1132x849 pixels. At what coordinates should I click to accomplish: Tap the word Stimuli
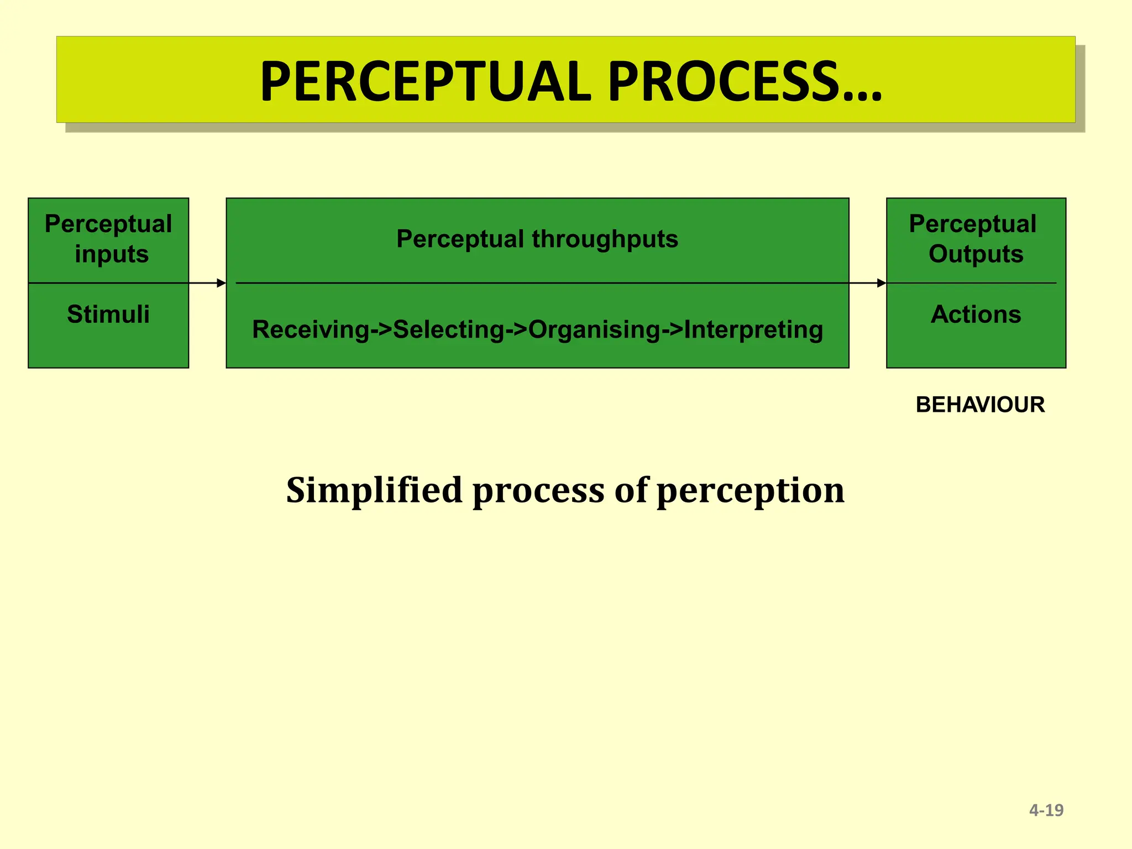(108, 314)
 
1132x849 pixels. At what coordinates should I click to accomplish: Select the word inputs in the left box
(112, 254)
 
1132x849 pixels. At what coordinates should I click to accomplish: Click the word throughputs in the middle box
(605, 239)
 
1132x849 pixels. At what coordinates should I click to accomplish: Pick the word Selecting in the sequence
(449, 329)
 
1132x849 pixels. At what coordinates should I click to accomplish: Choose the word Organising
(594, 330)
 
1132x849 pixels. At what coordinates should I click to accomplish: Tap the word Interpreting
(753, 329)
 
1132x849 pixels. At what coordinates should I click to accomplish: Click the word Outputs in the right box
(976, 254)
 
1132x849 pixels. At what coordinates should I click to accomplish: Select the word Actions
(976, 314)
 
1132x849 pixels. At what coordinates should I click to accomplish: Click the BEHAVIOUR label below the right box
(980, 405)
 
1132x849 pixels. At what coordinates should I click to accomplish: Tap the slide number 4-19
(1046, 810)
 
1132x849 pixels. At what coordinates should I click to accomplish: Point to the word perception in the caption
(750, 491)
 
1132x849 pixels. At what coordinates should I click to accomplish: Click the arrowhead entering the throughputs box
(222, 283)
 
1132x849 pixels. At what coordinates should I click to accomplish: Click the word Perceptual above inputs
(108, 224)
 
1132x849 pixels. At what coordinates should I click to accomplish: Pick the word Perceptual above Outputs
(973, 224)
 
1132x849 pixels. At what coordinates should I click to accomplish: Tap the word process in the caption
(538, 491)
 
